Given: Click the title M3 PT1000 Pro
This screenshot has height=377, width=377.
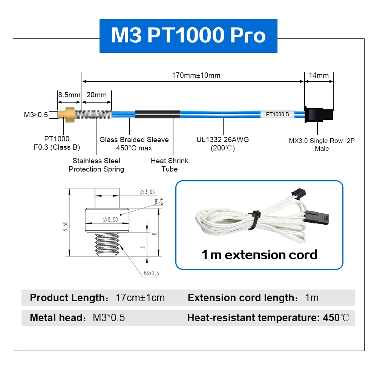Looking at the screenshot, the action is coord(188,35).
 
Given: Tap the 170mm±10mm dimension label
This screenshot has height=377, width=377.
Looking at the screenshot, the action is coord(196,75).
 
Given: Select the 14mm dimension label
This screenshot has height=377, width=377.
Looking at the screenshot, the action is coord(319,75).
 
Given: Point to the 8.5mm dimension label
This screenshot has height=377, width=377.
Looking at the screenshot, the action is coord(69,95).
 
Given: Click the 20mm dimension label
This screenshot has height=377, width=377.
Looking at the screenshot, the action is coord(97,95).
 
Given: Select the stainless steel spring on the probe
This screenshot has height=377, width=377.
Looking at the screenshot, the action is coord(93,115).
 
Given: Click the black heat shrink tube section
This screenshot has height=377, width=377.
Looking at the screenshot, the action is coord(158,115).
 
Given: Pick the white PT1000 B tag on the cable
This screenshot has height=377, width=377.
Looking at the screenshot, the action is coord(277,115).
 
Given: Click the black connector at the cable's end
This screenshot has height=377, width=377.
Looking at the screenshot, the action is coord(319,115).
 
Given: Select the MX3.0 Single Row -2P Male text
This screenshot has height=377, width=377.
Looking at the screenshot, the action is coord(322,144).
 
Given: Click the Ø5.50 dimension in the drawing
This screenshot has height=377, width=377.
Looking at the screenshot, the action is coord(110,219).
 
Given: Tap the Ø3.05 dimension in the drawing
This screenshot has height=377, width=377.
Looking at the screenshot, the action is coord(147,192).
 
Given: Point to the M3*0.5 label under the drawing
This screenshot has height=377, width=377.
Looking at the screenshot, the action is coord(151,273).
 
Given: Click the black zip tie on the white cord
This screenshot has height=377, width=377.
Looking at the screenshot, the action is coord(255,220).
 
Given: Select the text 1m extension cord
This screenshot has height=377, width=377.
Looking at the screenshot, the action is coord(259,255).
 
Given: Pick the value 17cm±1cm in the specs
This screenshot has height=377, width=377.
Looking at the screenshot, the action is coord(140,298).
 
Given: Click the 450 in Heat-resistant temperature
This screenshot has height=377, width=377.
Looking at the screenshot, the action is coord(331,318).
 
